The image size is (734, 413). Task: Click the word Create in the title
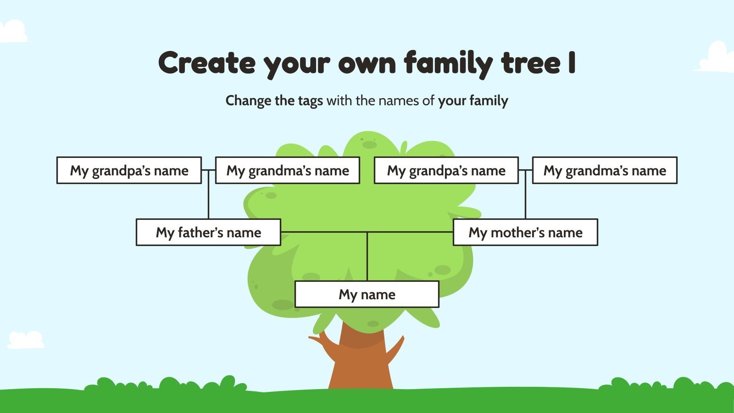tap(206, 63)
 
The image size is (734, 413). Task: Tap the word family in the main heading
tap(448, 63)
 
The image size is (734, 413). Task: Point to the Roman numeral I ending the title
tap(571, 63)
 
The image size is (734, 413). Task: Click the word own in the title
tap(367, 63)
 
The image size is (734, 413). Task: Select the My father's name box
tap(208, 232)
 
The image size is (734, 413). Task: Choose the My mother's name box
tap(525, 232)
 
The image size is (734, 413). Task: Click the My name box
tap(367, 294)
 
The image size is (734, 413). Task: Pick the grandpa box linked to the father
tap(129, 170)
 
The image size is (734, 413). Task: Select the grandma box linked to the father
tap(288, 170)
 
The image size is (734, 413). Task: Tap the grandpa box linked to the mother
tap(446, 170)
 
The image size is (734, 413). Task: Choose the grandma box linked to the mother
tap(605, 170)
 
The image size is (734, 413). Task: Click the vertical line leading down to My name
tap(367, 257)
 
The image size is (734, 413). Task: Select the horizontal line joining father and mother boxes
tap(321, 232)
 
